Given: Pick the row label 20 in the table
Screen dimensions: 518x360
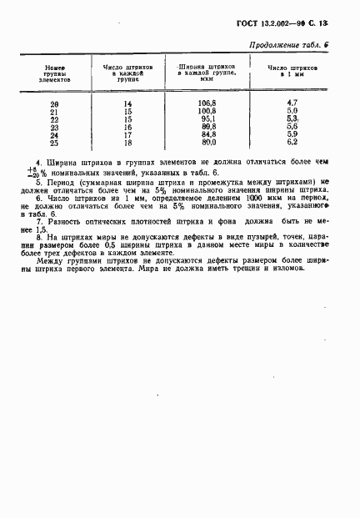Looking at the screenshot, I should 54,103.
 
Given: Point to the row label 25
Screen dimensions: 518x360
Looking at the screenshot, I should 54,143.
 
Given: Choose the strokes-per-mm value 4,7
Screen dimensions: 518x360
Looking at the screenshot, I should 292,102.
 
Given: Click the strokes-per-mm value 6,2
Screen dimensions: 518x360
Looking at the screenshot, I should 292,143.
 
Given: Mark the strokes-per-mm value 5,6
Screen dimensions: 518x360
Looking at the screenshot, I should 292,126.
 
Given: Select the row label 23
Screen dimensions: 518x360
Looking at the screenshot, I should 54,126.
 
